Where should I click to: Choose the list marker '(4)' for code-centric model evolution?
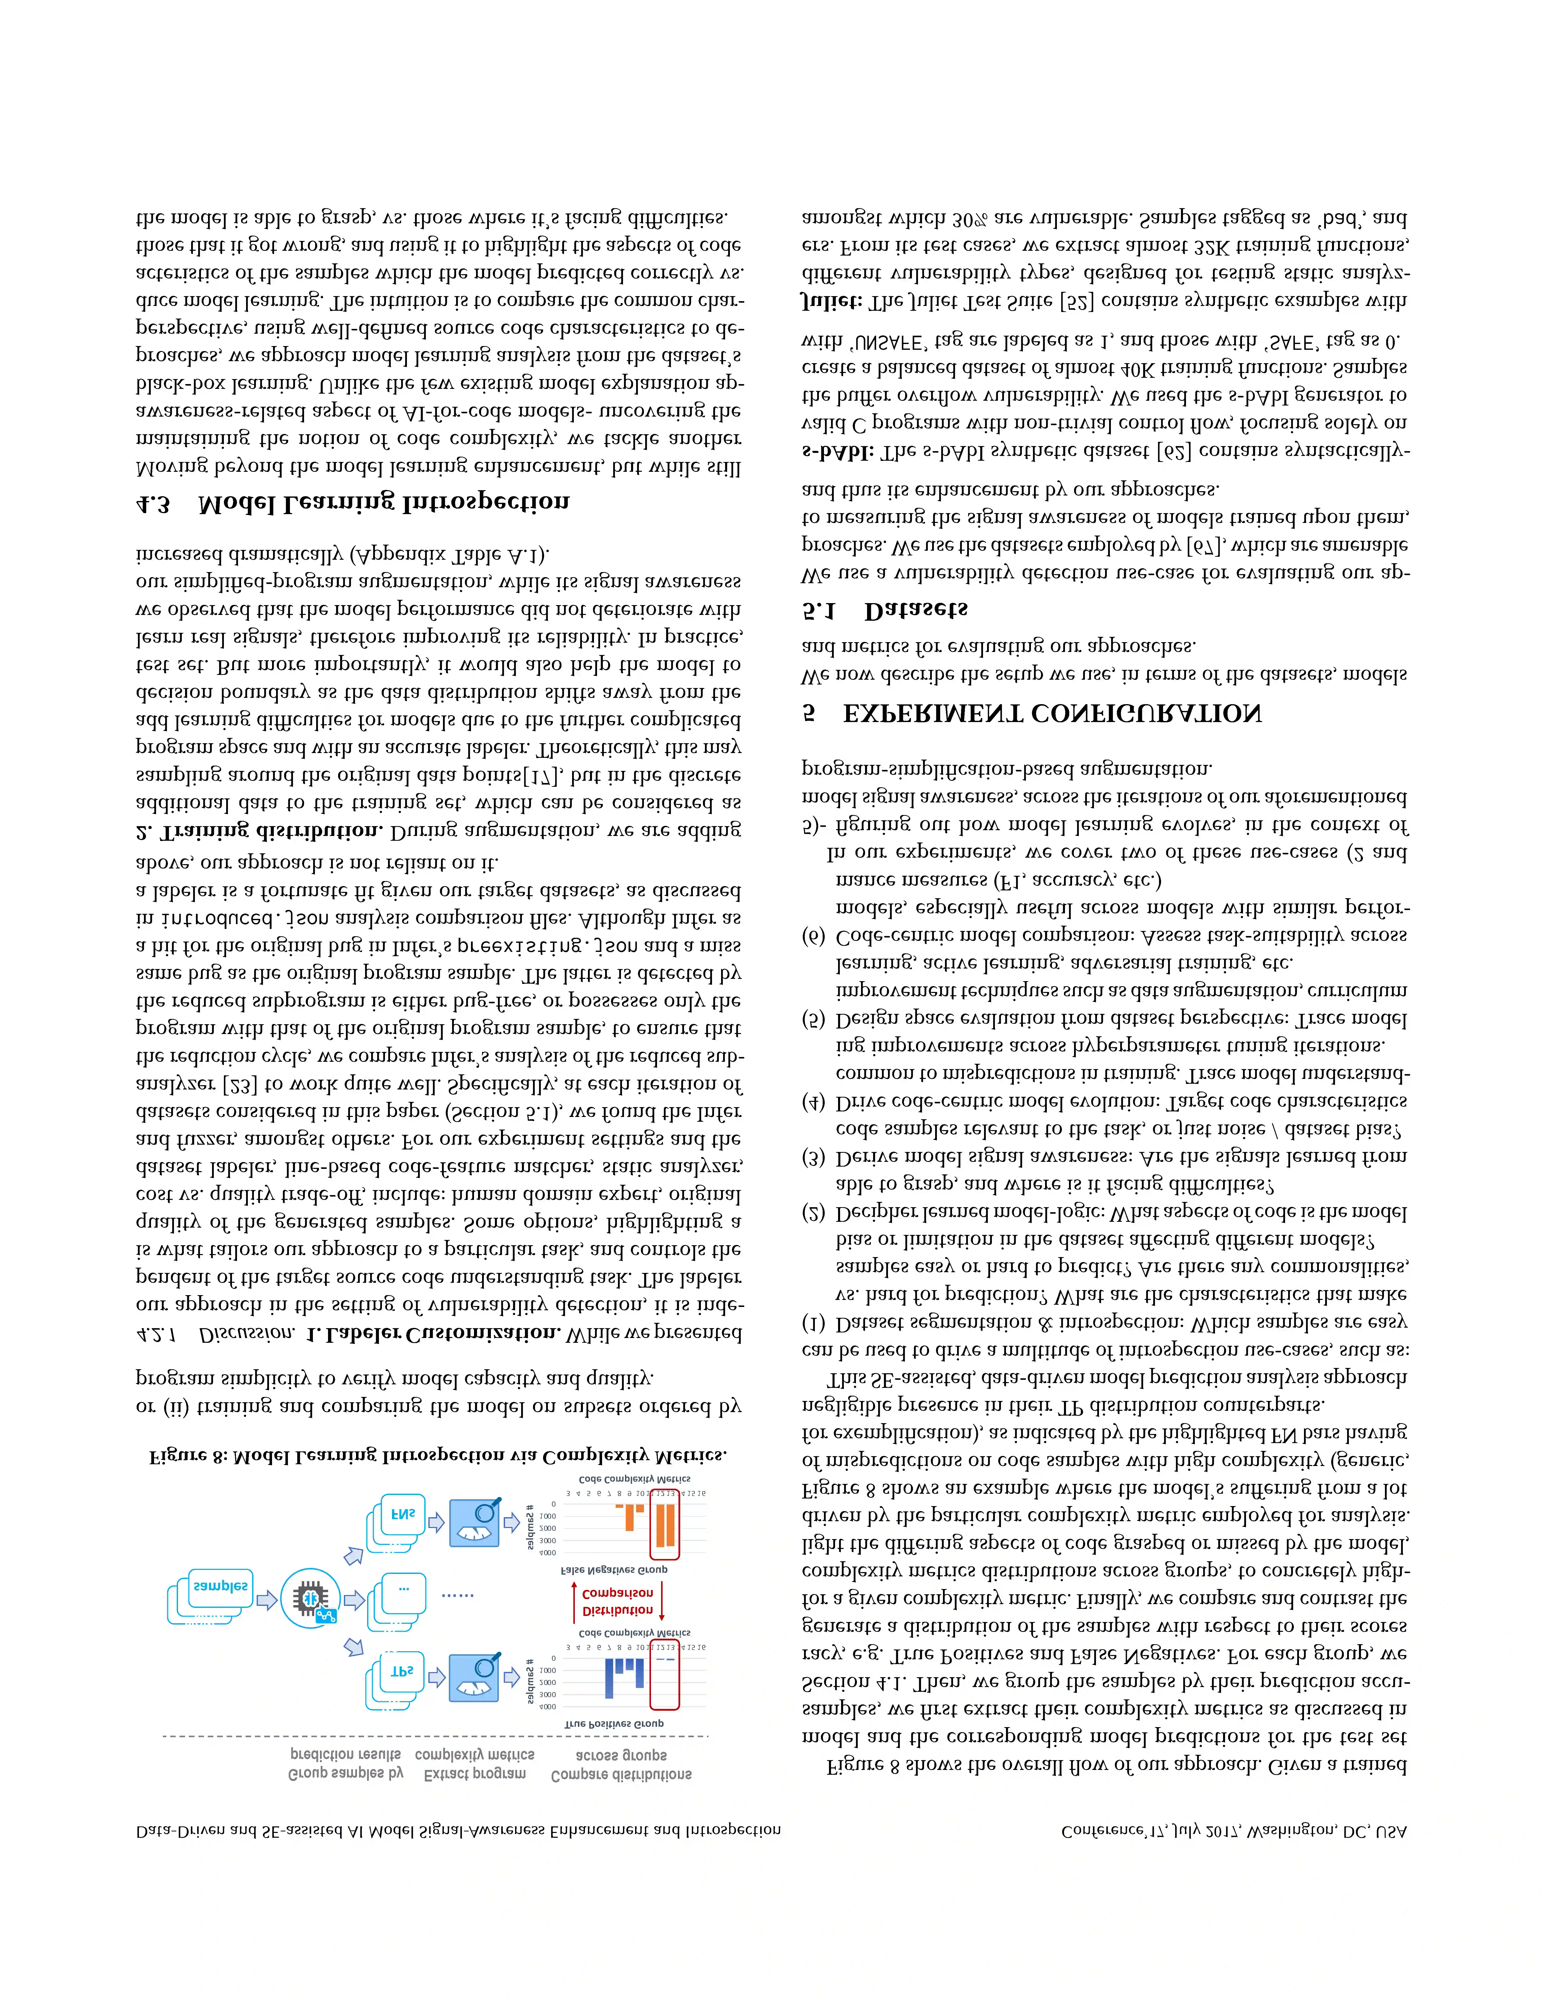(813, 1102)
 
